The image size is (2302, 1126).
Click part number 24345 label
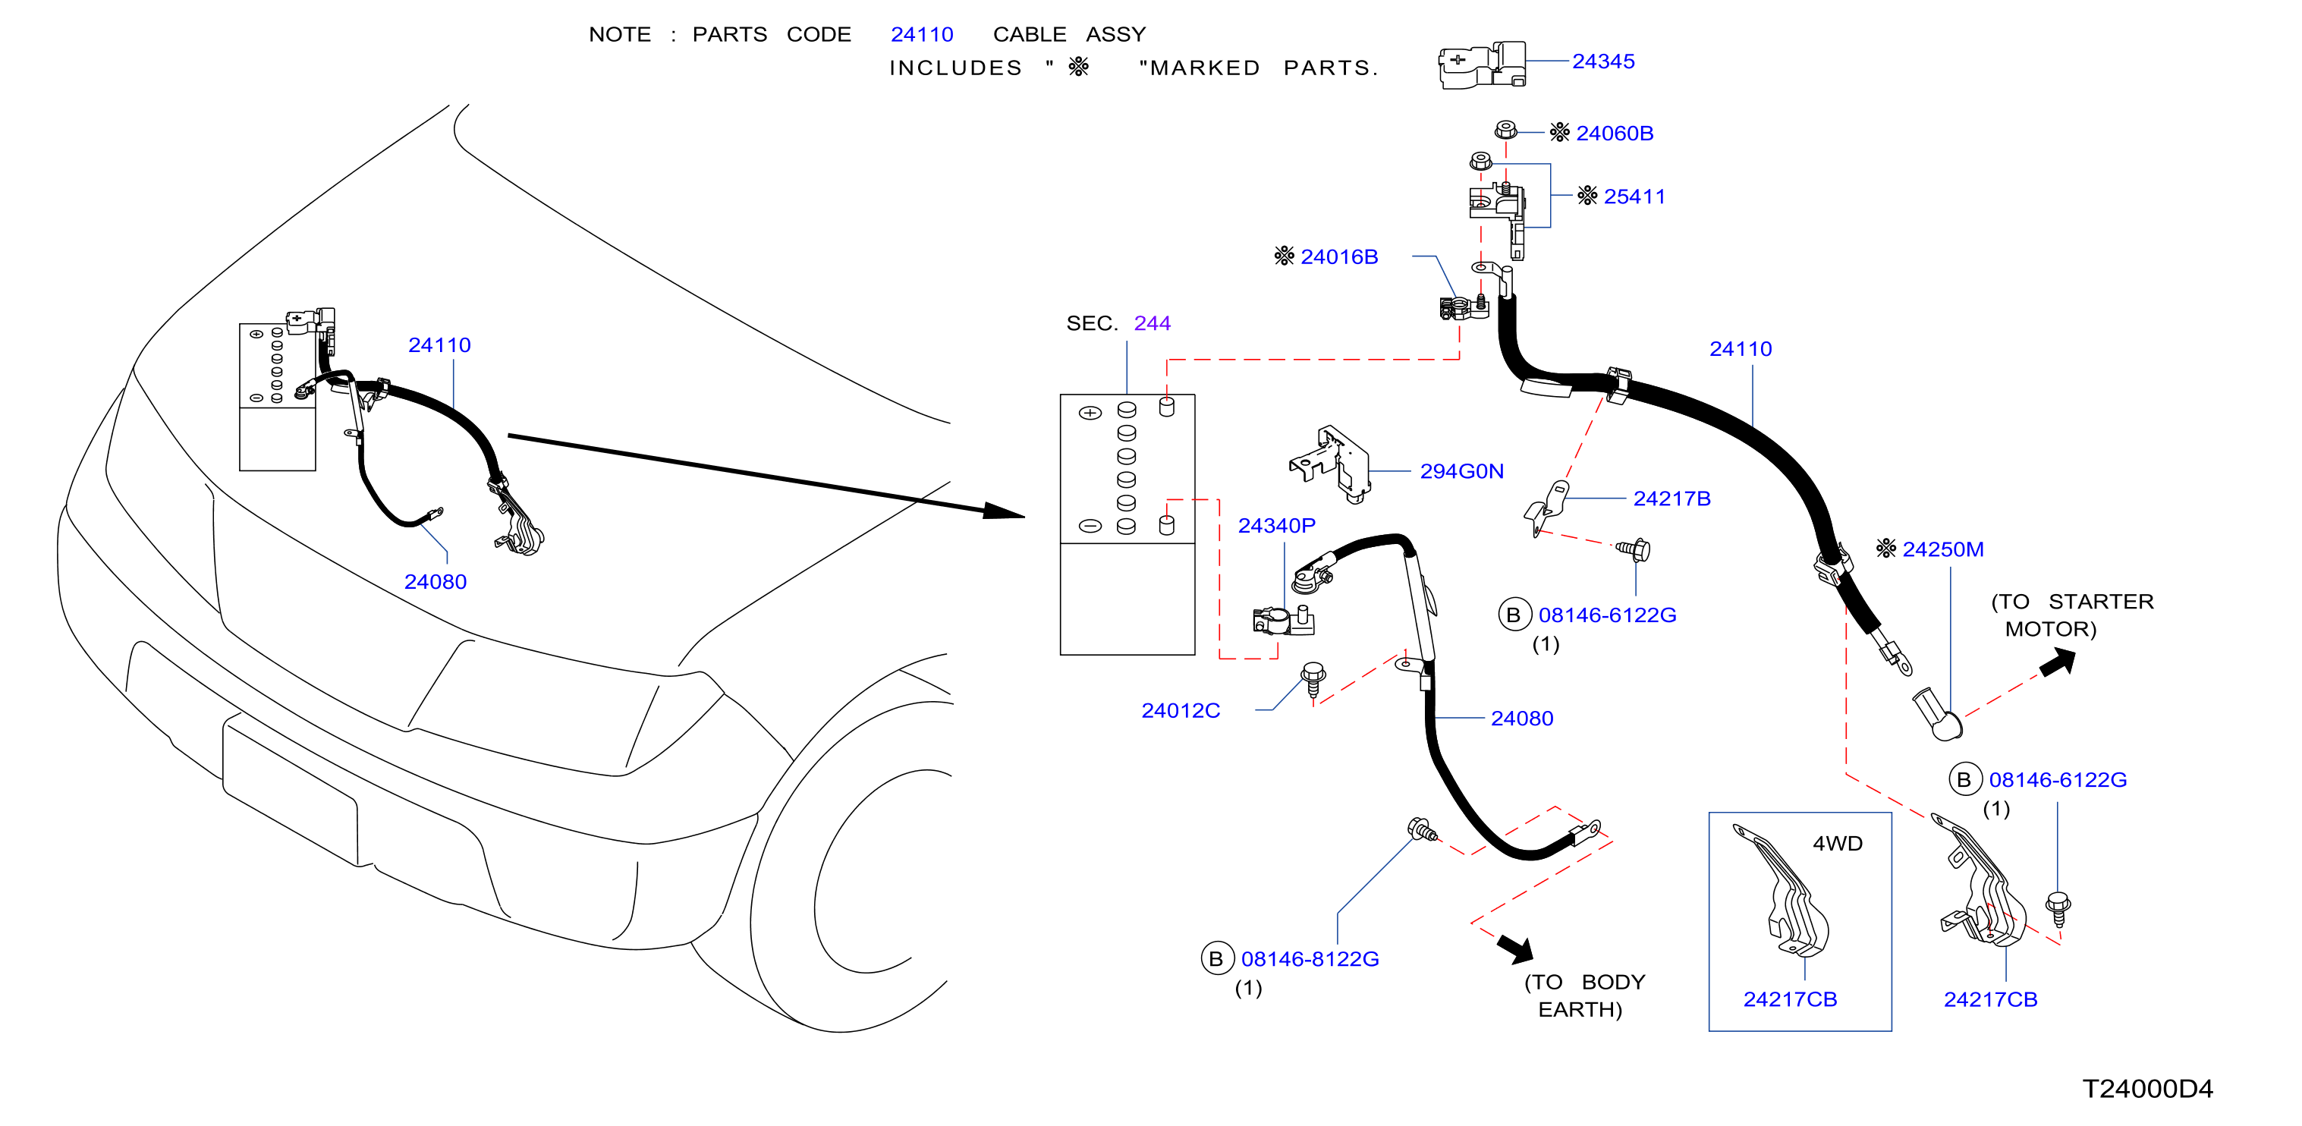[1603, 61]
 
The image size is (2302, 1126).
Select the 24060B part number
[1614, 133]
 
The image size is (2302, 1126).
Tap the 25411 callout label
[1634, 197]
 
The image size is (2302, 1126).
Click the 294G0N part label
[1461, 471]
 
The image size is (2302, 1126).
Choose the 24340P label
[1276, 526]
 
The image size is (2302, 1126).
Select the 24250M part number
[1943, 549]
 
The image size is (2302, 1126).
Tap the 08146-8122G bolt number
[1310, 959]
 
